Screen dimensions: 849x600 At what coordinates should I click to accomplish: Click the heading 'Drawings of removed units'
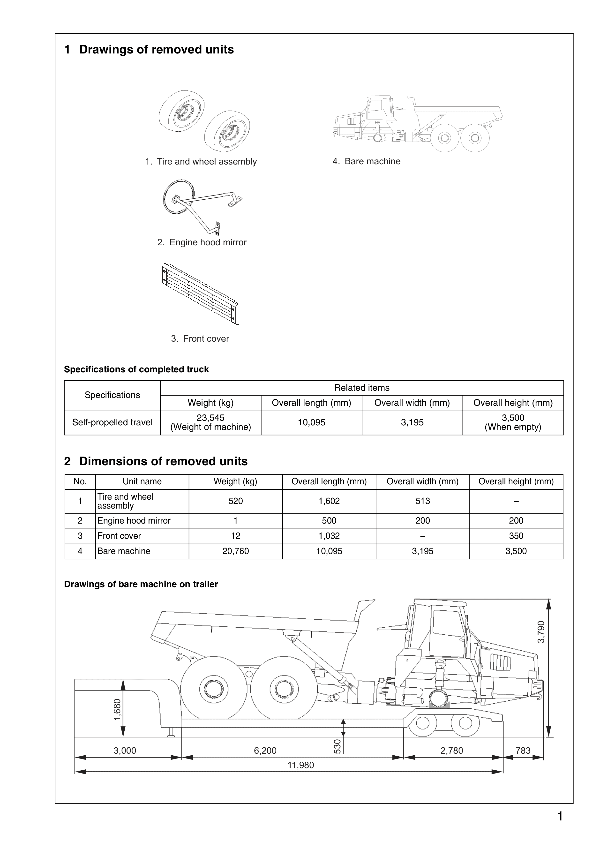tap(156, 50)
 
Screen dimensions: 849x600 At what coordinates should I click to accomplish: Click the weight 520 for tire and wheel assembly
tap(235, 501)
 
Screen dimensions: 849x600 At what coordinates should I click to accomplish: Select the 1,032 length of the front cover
tap(329, 536)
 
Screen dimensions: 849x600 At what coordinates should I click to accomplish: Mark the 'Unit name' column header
tap(142, 481)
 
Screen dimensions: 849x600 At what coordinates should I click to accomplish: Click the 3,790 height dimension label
tap(541, 632)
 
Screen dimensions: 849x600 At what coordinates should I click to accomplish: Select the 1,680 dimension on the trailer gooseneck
tap(117, 710)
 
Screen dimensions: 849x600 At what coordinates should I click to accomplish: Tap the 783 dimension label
tap(523, 750)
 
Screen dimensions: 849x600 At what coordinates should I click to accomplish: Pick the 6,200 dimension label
tap(265, 750)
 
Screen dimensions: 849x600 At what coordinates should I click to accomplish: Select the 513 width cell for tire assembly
tap(423, 501)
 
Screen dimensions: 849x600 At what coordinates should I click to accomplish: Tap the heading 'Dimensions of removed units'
tap(163, 461)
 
